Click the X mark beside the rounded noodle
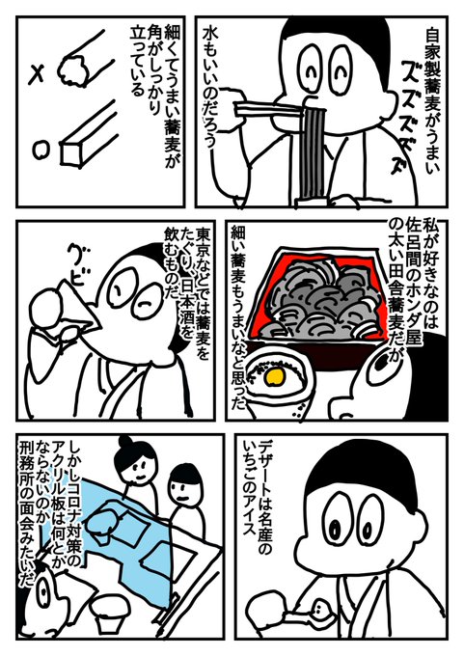(38, 75)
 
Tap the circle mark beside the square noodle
(41, 150)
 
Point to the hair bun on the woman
(125, 443)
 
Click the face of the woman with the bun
(137, 466)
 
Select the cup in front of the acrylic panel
(111, 612)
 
